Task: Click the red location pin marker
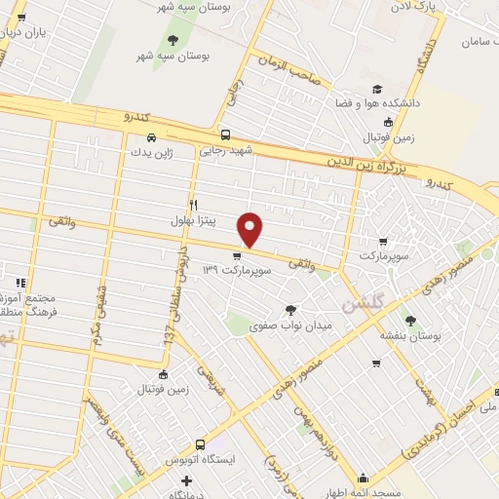(x=251, y=228)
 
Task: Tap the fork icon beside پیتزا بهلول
(x=193, y=205)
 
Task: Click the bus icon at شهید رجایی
(x=225, y=136)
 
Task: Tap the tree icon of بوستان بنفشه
(x=408, y=319)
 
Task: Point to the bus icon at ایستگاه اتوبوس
(x=201, y=441)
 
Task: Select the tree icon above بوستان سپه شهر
(x=173, y=40)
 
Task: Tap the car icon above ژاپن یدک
(x=137, y=137)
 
